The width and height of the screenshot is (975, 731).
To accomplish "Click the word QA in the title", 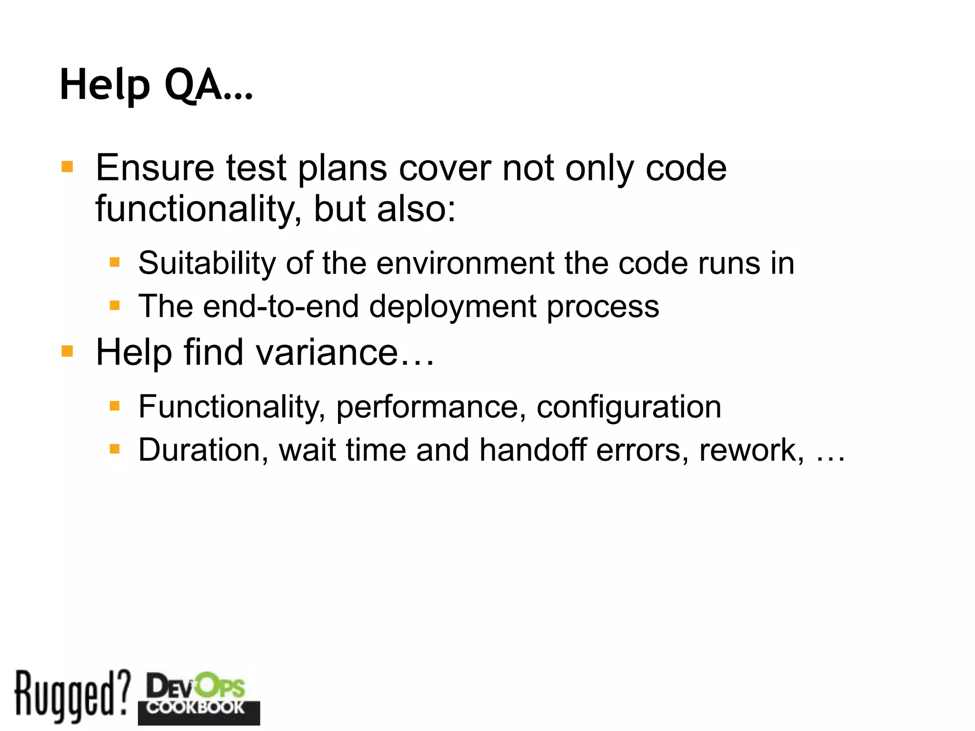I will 193,85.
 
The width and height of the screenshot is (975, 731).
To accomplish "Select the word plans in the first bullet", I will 342,168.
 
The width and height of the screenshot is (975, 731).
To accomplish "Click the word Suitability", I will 207,263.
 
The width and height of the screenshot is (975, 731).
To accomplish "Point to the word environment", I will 465,263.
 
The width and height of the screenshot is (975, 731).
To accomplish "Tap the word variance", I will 327,353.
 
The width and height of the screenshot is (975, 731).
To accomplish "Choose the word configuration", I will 628,408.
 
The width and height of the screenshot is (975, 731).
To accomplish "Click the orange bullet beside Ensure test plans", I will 67,167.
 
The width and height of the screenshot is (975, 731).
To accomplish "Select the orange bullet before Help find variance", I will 67,351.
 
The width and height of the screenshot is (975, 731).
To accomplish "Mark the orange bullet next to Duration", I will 114,449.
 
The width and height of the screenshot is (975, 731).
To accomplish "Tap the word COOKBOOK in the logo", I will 196,707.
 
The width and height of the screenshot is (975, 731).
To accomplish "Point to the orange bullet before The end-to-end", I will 114,305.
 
